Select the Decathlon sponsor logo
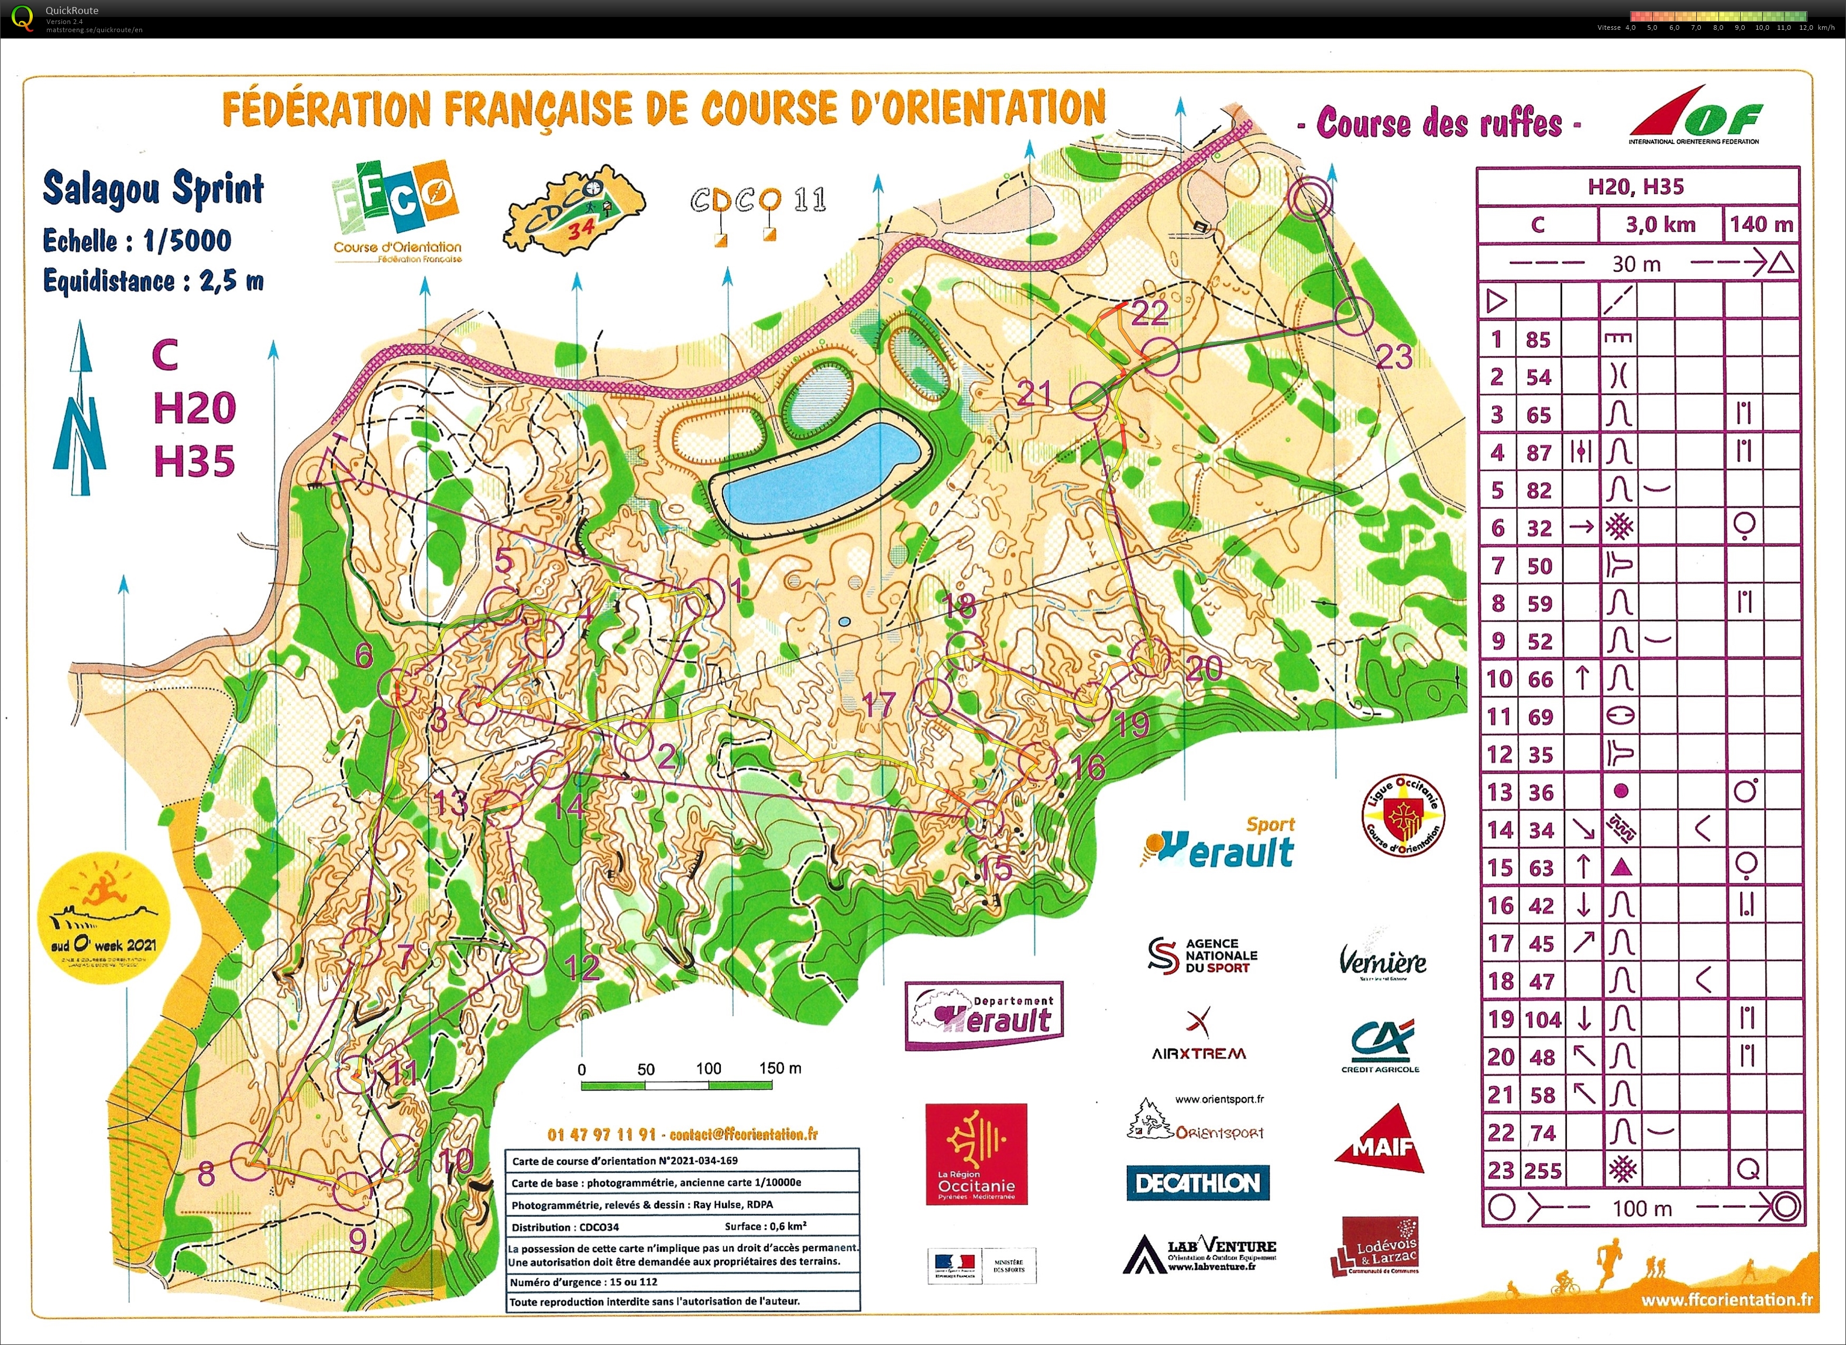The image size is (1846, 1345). pyautogui.click(x=1197, y=1183)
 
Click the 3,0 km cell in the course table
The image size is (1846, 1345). pyautogui.click(x=1659, y=225)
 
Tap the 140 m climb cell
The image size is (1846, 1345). pyautogui.click(x=1761, y=225)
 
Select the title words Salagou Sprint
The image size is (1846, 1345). pyautogui.click(x=153, y=189)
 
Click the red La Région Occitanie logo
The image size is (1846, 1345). pyautogui.click(x=977, y=1154)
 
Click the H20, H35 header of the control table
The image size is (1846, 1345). pyautogui.click(x=1636, y=187)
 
